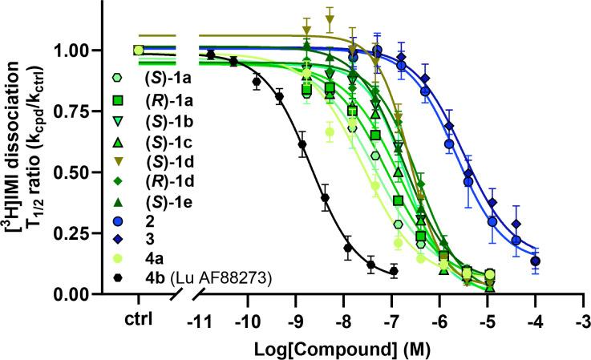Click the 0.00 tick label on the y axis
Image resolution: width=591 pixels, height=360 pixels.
point(80,294)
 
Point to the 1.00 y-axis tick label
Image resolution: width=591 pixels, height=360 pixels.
point(80,51)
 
